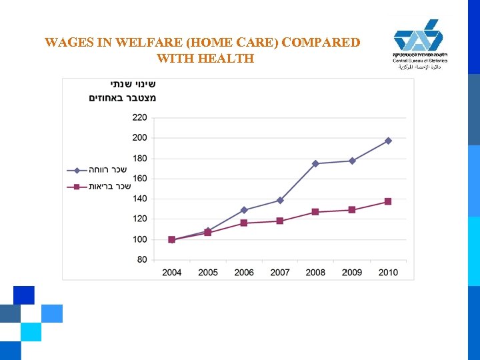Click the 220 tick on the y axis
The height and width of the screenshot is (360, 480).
(139, 117)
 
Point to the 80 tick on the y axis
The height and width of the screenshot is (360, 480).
(141, 259)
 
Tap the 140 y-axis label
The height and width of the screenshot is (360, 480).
(139, 199)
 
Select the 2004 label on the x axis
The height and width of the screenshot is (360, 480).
(172, 272)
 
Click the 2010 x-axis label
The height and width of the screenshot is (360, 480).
(388, 272)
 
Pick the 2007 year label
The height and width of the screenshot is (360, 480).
(280, 272)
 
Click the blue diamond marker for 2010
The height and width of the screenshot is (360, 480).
(388, 141)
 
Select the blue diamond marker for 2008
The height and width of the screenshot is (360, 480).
(315, 163)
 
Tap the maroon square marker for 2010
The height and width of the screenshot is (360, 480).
(388, 201)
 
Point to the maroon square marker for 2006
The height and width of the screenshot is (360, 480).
(244, 223)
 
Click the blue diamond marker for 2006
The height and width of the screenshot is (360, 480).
(244, 210)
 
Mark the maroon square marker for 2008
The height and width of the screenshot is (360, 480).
(315, 212)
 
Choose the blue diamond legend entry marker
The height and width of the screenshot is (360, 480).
(77, 170)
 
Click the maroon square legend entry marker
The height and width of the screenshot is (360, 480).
(77, 187)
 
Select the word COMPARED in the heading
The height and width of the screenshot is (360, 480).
(321, 43)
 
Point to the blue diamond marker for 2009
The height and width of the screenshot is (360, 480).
(352, 161)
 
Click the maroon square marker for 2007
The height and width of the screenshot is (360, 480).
(280, 221)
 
